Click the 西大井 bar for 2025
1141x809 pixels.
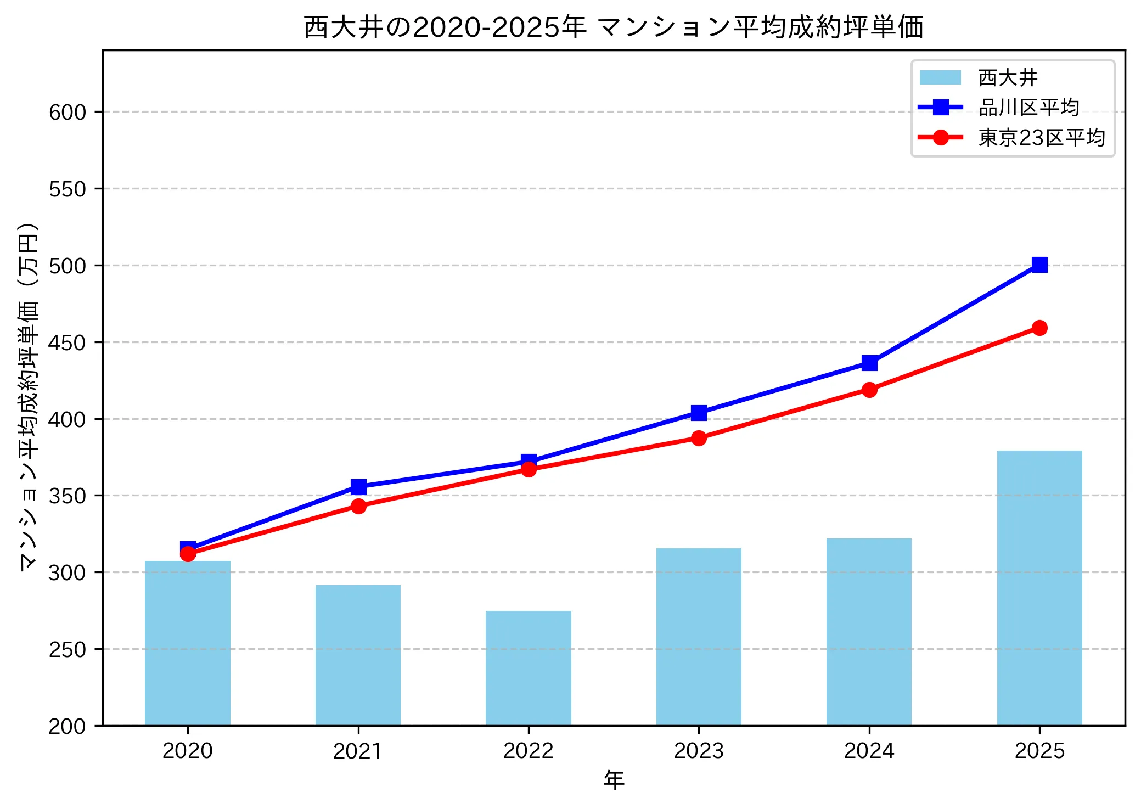coord(1039,588)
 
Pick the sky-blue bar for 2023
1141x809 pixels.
coord(699,637)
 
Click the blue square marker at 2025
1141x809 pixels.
coord(1039,265)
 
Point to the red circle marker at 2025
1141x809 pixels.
coord(1039,328)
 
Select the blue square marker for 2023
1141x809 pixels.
coord(699,413)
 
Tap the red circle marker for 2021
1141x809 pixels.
coord(358,506)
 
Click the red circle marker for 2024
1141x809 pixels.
coord(869,390)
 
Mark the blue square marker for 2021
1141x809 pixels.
coord(358,487)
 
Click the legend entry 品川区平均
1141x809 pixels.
coord(1028,108)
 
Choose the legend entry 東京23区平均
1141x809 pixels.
coord(1041,137)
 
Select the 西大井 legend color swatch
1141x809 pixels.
coord(940,78)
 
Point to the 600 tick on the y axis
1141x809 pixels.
coord(68,113)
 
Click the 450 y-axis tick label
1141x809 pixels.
coord(68,343)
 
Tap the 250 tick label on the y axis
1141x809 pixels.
coord(68,650)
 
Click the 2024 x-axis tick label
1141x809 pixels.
coord(869,751)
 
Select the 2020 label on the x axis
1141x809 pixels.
coord(188,751)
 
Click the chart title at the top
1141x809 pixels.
coord(614,27)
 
